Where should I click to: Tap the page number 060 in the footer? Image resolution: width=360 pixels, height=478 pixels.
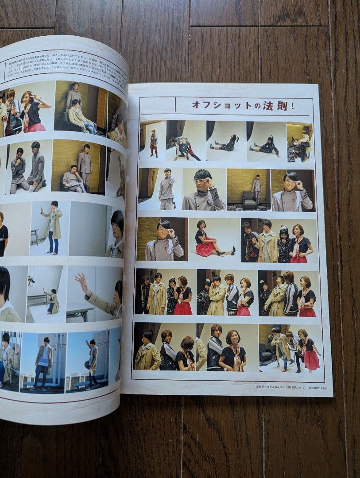(x=323, y=388)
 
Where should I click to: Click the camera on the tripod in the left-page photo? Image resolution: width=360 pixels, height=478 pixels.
(x=31, y=281)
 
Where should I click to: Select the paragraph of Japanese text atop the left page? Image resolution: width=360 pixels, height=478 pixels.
(x=62, y=66)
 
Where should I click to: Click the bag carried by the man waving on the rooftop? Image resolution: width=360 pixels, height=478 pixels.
(x=88, y=365)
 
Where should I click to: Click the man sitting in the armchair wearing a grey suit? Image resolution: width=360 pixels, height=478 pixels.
(x=74, y=179)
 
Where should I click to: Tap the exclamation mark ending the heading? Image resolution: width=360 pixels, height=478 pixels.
(x=293, y=106)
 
